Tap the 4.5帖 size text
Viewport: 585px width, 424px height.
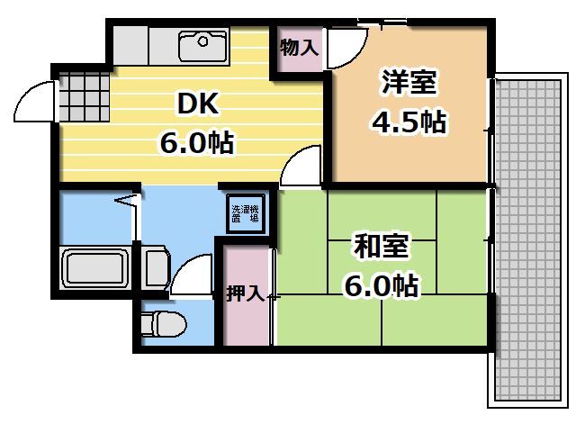pyautogui.click(x=409, y=122)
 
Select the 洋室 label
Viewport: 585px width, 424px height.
pyautogui.click(x=409, y=83)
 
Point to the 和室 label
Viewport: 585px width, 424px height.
pyautogui.click(x=382, y=247)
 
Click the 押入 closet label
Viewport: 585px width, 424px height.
pyautogui.click(x=244, y=293)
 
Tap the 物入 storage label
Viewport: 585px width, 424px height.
pyautogui.click(x=299, y=48)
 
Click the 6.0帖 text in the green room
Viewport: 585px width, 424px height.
pyautogui.click(x=382, y=286)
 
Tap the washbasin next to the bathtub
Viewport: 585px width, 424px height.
pyautogui.click(x=155, y=268)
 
